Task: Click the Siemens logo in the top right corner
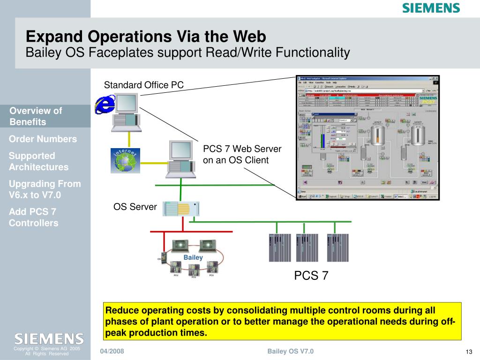(x=431, y=8)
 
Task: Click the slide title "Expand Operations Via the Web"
(x=146, y=36)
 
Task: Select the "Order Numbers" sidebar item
(x=43, y=139)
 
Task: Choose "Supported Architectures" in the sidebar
(x=38, y=161)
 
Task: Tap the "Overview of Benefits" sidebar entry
(x=36, y=116)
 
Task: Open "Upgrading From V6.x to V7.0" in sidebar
(x=45, y=189)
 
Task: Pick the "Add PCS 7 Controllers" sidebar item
(x=34, y=217)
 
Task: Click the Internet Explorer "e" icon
(x=104, y=104)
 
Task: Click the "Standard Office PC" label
(x=143, y=85)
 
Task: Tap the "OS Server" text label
(x=135, y=207)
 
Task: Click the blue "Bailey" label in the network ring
(x=193, y=257)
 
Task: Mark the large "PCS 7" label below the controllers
(x=311, y=276)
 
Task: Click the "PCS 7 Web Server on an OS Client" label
(x=242, y=155)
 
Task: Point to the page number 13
(x=468, y=352)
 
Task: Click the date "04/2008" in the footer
(x=112, y=352)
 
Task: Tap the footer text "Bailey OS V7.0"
(x=291, y=352)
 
